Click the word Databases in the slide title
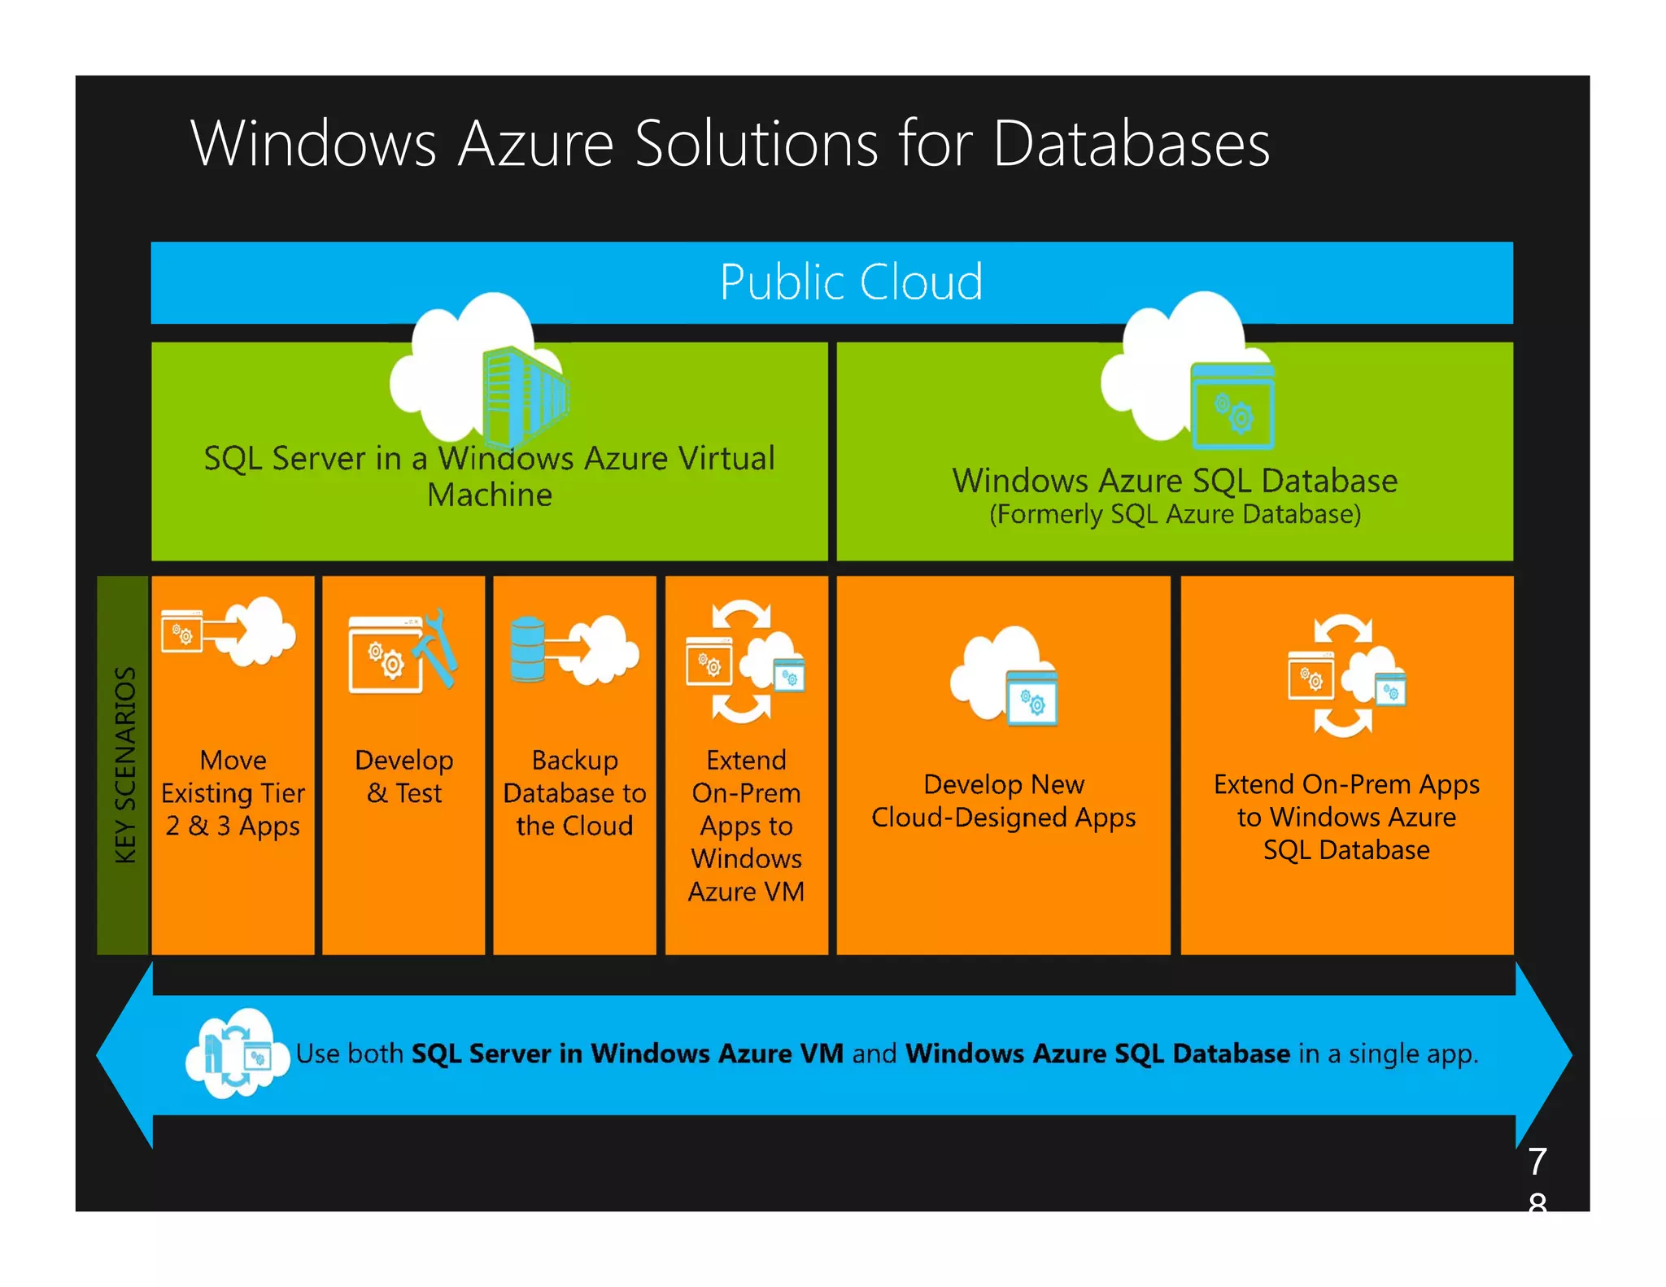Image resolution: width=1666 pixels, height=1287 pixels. pyautogui.click(x=1131, y=144)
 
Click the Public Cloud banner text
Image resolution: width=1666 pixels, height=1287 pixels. pyautogui.click(x=851, y=282)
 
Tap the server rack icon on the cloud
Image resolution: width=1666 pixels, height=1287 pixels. pyautogui.click(x=524, y=394)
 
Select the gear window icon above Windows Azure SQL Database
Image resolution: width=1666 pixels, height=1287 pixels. pyautogui.click(x=1232, y=406)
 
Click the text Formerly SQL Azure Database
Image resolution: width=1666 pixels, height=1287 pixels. pyautogui.click(x=1175, y=515)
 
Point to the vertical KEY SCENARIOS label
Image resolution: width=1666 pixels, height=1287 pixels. pyautogui.click(x=124, y=765)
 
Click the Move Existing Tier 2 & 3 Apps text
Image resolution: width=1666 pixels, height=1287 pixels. pyautogui.click(x=233, y=793)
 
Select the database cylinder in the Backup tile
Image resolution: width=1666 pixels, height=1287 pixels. pyautogui.click(x=527, y=648)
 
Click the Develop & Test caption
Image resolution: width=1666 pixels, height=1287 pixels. pyautogui.click(x=404, y=777)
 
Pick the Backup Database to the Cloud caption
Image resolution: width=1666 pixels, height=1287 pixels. pyautogui.click(x=575, y=793)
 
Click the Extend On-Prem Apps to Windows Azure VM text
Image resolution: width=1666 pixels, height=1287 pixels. pyautogui.click(x=746, y=826)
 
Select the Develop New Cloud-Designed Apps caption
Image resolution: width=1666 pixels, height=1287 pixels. pyautogui.click(x=1003, y=801)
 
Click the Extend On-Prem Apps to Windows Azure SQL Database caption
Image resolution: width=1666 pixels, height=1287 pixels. pyautogui.click(x=1346, y=817)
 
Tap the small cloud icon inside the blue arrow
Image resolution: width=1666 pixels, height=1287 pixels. pyautogui.click(x=236, y=1054)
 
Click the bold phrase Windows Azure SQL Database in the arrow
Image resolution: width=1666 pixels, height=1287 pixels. pyautogui.click(x=1097, y=1054)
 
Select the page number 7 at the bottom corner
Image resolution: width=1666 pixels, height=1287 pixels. pyautogui.click(x=1537, y=1161)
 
